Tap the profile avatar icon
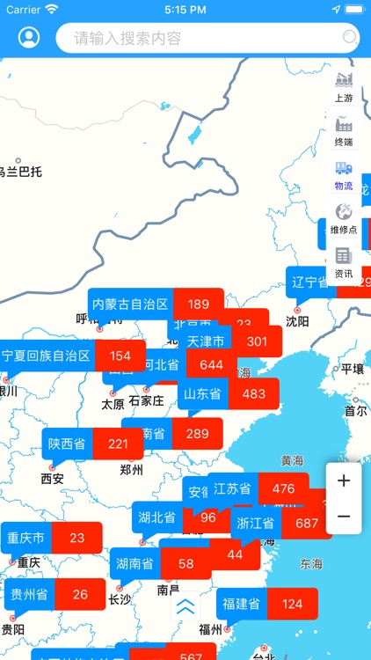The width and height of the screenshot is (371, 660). click(29, 38)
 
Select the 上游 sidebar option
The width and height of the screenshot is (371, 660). click(344, 87)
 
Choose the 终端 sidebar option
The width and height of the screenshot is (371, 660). click(344, 131)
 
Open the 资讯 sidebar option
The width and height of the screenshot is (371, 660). click(344, 262)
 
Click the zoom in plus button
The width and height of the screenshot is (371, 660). click(344, 480)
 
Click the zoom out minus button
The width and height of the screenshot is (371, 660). click(344, 517)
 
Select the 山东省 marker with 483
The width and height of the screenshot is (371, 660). click(228, 394)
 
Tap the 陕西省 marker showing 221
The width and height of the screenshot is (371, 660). click(92, 444)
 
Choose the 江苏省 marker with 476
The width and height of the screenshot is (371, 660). click(258, 488)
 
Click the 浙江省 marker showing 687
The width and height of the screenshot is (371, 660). click(281, 523)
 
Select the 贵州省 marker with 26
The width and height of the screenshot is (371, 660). click(55, 594)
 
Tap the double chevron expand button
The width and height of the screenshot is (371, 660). click(185, 606)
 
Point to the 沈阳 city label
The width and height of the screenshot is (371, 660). click(297, 321)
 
